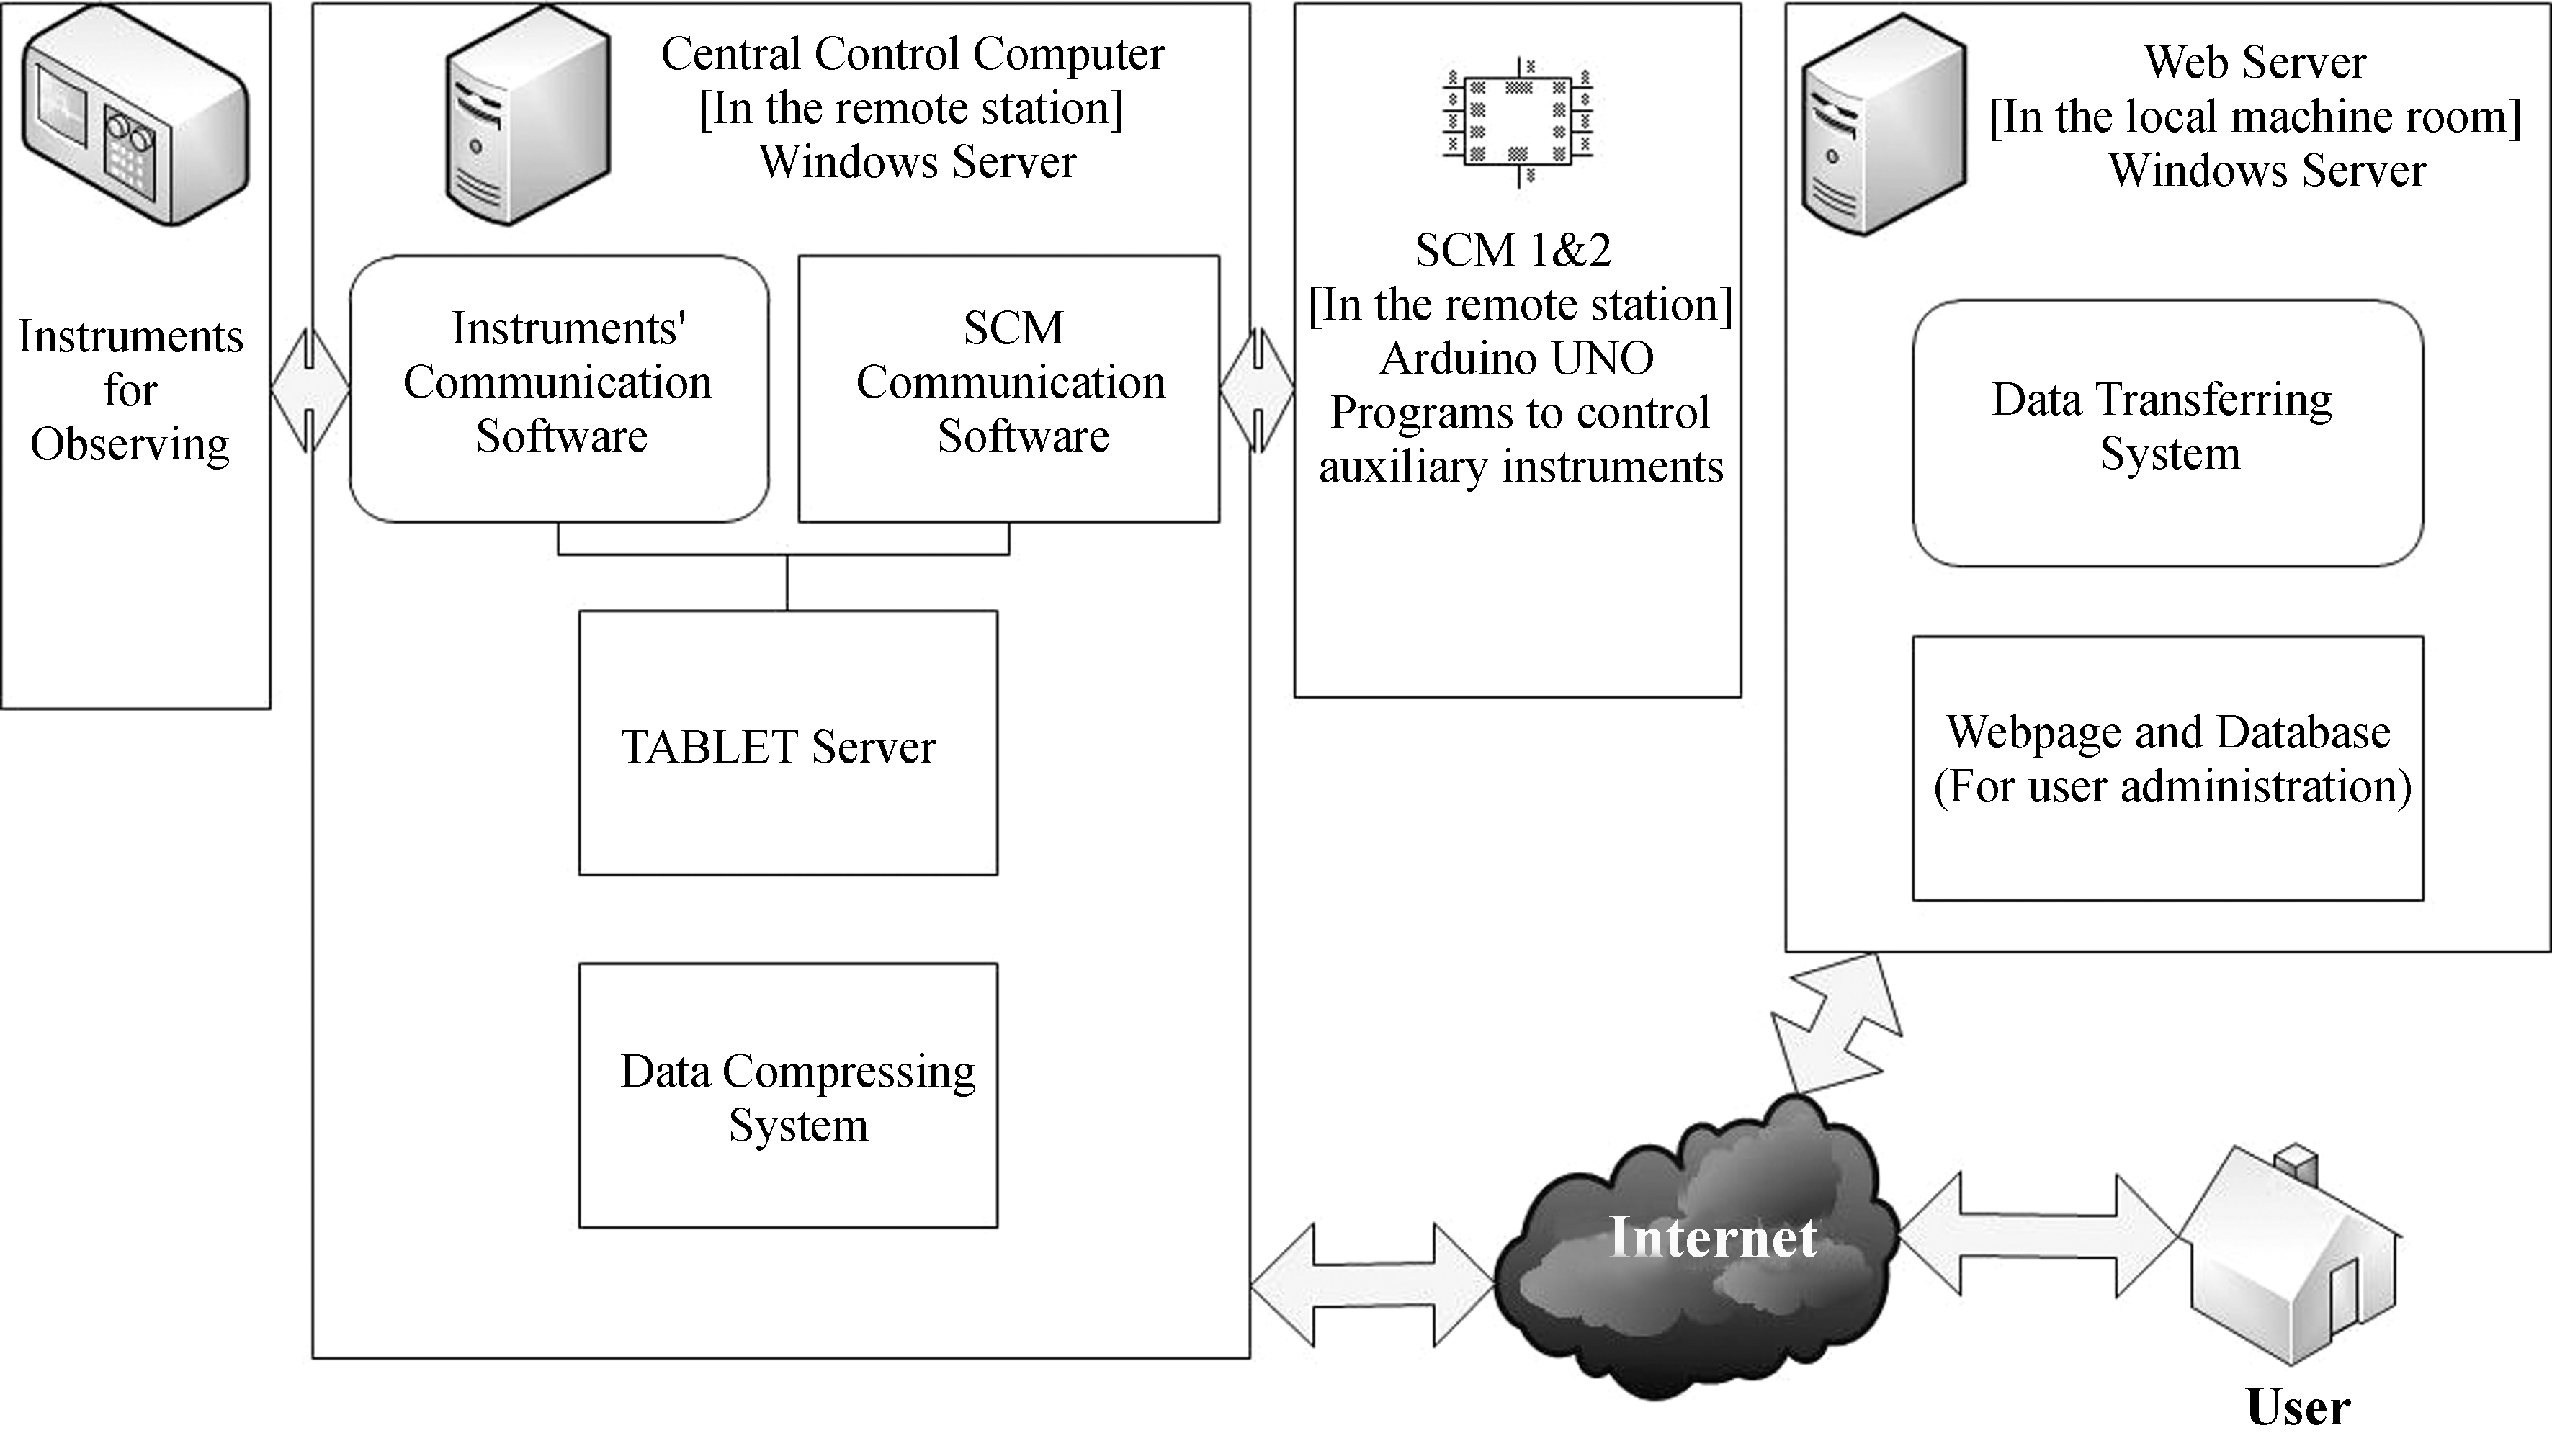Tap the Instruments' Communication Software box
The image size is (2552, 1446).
(x=558, y=388)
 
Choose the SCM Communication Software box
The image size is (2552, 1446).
(x=1008, y=388)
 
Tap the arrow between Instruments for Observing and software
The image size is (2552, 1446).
(x=310, y=391)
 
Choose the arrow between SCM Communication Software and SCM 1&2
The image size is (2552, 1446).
(x=1258, y=391)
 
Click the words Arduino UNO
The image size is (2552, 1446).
(x=1516, y=359)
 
